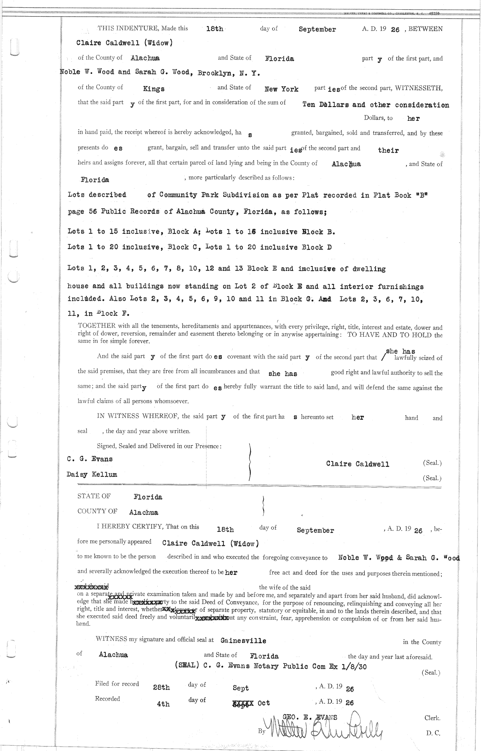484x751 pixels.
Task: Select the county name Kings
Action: pos(154,89)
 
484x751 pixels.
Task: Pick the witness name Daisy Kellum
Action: pos(92,474)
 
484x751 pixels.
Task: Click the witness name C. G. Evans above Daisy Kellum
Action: pos(90,459)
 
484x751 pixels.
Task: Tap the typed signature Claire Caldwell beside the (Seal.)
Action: pos(358,464)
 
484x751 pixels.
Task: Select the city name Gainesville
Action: pos(243,641)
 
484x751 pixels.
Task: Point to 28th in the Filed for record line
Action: pos(161,688)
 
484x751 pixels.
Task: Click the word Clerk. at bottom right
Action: pos(432,718)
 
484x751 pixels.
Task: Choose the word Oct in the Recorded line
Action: pos(264,703)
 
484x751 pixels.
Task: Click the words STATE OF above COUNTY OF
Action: pos(94,496)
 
